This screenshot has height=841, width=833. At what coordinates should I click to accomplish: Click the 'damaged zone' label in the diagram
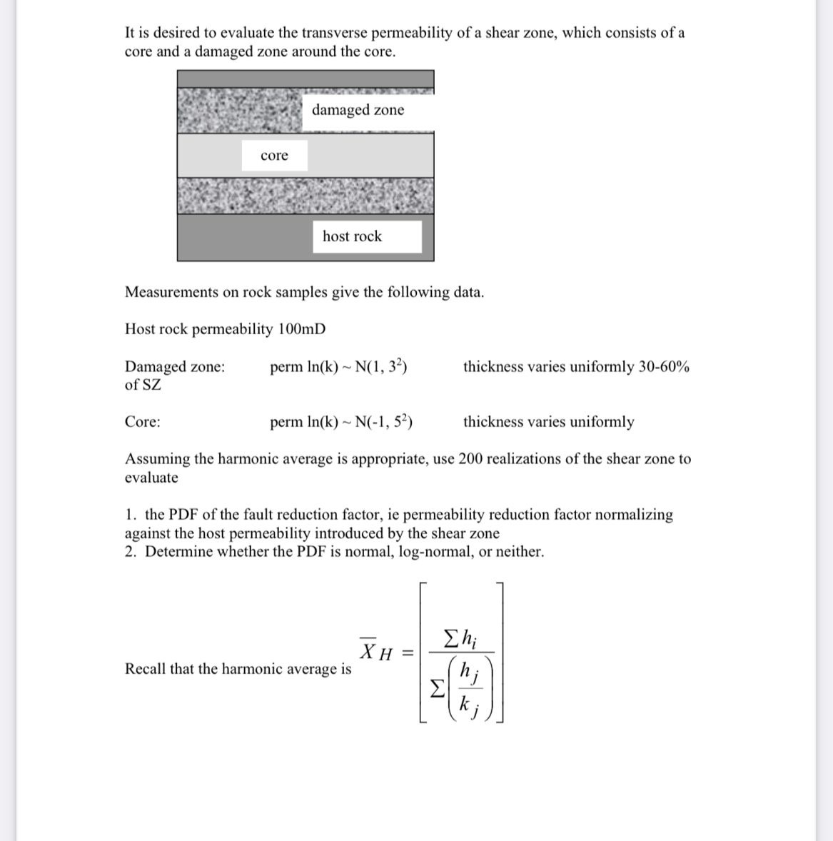[358, 110]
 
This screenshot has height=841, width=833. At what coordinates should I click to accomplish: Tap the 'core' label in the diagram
[274, 156]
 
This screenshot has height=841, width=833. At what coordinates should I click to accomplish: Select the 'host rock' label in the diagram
[352, 236]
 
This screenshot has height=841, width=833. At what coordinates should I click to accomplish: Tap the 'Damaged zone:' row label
[175, 367]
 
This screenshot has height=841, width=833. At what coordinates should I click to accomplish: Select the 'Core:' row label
[143, 422]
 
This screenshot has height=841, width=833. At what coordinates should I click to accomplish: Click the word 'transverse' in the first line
[334, 33]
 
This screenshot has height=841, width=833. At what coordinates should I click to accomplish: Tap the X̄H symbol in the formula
[375, 651]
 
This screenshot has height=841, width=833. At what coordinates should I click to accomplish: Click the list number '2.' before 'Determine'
[131, 552]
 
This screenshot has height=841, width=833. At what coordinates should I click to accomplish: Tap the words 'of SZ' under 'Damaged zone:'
[143, 385]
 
